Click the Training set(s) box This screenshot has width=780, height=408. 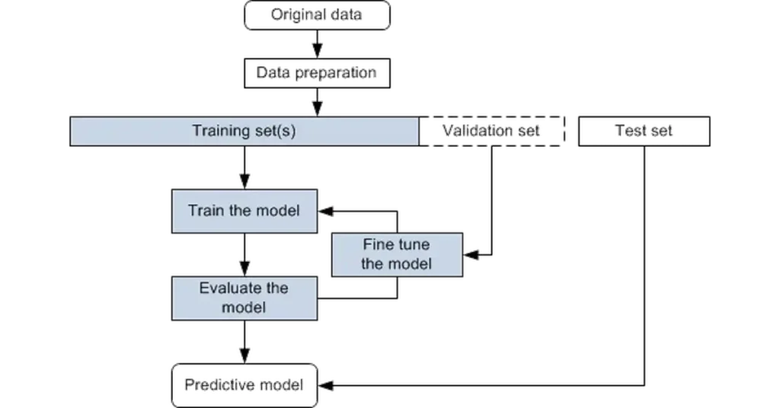coord(244,131)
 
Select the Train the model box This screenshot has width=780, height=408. coord(245,210)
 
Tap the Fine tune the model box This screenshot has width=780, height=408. coord(396,255)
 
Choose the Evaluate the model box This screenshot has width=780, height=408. coord(245,298)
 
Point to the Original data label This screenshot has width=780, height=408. coord(316,14)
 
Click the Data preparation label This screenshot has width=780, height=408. coord(316,72)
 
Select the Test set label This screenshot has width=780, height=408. coord(647,131)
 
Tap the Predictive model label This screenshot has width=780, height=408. coord(245,384)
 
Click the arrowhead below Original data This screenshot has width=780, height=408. coord(317,47)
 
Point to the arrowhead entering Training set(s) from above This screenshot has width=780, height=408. coord(317,105)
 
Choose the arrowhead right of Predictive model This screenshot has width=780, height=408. coord(329,384)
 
